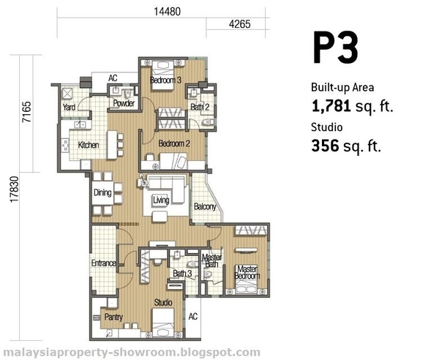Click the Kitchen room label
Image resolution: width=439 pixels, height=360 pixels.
(89, 145)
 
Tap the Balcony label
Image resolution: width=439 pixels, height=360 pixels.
(205, 206)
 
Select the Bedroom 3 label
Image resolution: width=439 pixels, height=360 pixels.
(165, 80)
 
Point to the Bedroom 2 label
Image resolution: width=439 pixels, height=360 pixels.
(174, 143)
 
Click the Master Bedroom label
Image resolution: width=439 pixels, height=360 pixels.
(247, 272)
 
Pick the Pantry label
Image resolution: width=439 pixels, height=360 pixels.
(113, 317)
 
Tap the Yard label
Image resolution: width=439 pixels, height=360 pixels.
(69, 107)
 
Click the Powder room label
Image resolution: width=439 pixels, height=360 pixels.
(124, 103)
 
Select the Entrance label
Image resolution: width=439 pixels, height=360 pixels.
(104, 263)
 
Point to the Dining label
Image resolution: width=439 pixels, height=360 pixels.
(102, 192)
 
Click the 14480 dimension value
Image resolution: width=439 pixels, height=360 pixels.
(168, 12)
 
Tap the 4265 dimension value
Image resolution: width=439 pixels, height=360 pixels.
(240, 24)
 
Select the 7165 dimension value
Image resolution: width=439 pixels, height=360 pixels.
(27, 112)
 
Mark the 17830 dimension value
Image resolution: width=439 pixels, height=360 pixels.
(14, 190)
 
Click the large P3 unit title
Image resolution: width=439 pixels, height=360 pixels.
(335, 48)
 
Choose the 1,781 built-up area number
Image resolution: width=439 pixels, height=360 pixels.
(331, 106)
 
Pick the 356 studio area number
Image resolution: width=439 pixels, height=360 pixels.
(325, 146)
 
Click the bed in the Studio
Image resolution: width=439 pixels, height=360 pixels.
(163, 323)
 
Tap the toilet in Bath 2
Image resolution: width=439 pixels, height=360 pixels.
(209, 122)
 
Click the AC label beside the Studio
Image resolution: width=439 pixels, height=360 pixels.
(193, 317)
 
